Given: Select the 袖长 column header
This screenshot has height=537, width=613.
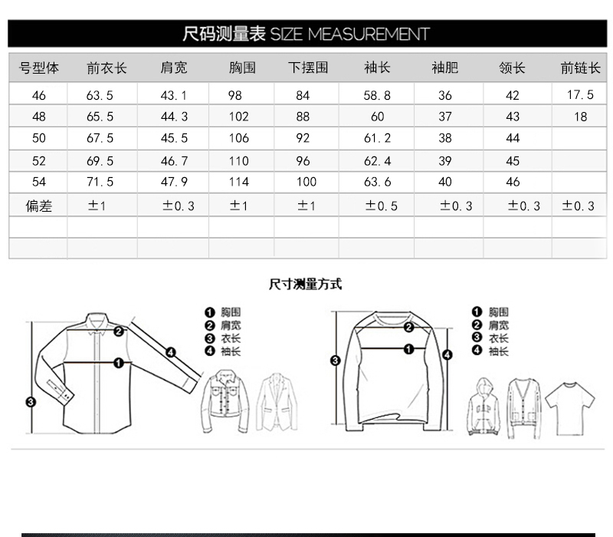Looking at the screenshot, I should point(377,68).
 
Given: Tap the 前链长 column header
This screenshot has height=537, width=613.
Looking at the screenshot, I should point(579,68).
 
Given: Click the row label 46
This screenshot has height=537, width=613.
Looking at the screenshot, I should point(38,96).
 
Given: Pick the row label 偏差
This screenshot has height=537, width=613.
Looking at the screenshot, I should point(38,206).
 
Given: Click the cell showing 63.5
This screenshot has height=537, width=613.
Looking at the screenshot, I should point(101,96).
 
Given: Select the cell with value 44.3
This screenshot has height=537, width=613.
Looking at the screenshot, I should point(174,117).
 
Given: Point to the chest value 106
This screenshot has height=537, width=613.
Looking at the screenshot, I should point(239,139).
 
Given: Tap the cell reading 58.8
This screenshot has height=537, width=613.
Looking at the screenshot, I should point(377,96).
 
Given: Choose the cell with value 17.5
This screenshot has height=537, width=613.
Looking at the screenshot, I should point(580,95).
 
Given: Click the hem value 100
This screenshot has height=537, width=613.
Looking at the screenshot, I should point(306,183).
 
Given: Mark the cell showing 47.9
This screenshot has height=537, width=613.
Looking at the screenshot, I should point(174,183).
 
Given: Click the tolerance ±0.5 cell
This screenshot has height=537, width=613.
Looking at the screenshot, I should point(381,206).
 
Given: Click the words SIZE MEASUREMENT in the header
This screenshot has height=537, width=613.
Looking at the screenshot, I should point(349,34).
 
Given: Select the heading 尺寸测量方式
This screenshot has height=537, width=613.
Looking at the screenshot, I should point(306,285).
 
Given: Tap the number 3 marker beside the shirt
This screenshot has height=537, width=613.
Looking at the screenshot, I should point(30,401).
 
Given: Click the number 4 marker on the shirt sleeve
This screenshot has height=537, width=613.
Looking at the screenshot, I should point(171,352).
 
